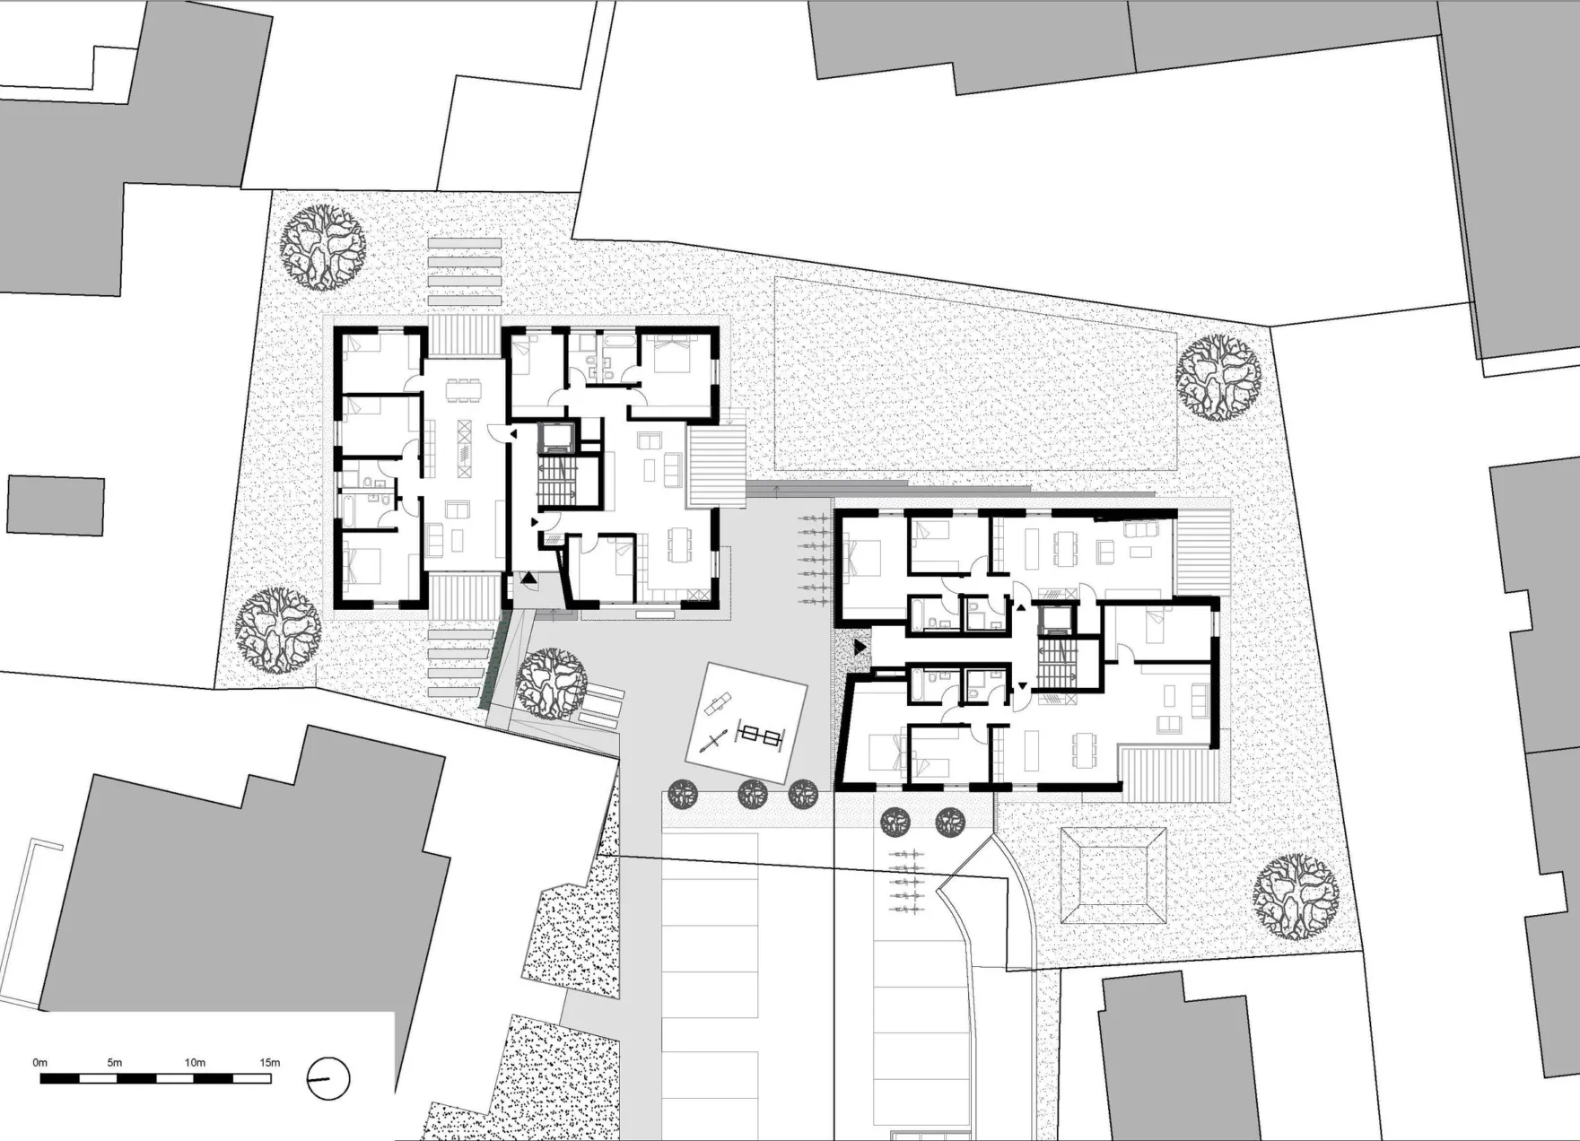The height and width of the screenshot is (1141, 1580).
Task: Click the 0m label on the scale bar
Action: click(x=40, y=1062)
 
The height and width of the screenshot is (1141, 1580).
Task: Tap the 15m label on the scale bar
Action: click(x=270, y=1062)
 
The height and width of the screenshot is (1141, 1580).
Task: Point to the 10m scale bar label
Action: click(x=195, y=1062)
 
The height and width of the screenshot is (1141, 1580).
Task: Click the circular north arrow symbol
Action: click(x=327, y=1078)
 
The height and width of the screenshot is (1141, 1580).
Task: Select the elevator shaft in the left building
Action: click(x=558, y=437)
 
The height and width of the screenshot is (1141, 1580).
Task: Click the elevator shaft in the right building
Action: click(x=1055, y=620)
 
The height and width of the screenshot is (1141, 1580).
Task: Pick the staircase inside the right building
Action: click(x=1055, y=664)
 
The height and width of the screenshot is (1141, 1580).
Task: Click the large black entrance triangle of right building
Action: click(x=860, y=646)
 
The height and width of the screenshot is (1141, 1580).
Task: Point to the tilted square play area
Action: click(x=746, y=722)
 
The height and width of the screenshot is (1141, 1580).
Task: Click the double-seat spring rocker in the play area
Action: click(x=762, y=736)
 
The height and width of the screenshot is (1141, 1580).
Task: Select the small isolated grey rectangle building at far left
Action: click(x=56, y=506)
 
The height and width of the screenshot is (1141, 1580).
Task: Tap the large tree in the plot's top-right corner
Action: click(x=1218, y=378)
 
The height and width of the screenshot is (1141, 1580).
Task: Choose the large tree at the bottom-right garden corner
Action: click(x=1296, y=896)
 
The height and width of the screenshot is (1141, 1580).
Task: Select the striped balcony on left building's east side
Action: click(x=716, y=466)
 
